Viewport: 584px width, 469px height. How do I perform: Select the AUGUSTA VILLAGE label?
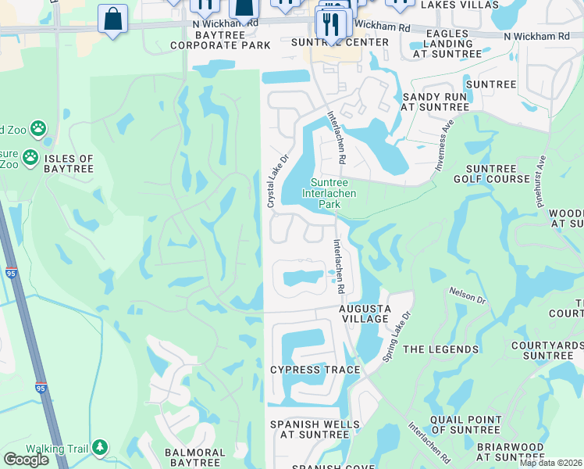[x=364, y=313]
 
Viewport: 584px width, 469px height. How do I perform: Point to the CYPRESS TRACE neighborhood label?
[x=315, y=370]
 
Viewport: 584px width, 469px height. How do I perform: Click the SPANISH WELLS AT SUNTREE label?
[x=315, y=431]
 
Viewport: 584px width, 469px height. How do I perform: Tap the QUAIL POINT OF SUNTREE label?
[x=465, y=424]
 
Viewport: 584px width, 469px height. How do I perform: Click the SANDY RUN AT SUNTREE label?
[x=434, y=102]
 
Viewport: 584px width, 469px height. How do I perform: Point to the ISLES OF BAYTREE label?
[x=69, y=163]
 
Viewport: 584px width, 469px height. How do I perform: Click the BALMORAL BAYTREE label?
[x=195, y=457]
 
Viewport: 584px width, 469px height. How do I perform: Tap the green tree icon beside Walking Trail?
[x=100, y=447]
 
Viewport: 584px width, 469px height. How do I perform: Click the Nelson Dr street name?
[x=468, y=295]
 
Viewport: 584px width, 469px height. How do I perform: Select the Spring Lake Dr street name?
[x=396, y=338]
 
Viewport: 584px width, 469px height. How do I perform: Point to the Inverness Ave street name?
[x=443, y=146]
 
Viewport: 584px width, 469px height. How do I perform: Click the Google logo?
[x=27, y=459]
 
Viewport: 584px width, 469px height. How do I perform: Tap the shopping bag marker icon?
[x=112, y=19]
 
